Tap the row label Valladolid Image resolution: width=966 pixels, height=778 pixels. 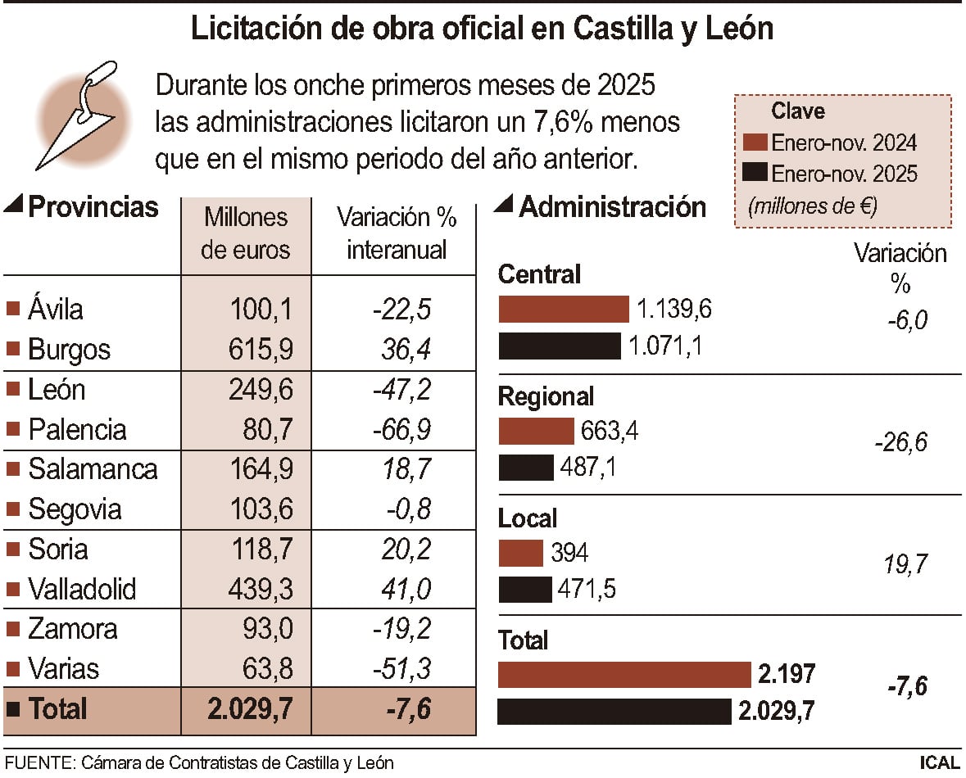[82, 589]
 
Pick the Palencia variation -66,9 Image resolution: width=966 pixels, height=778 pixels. [401, 429]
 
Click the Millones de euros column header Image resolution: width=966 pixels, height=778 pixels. [246, 233]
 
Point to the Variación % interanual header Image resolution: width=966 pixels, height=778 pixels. [397, 233]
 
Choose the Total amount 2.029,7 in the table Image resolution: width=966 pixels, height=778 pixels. [250, 708]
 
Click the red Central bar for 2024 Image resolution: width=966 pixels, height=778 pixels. [563, 310]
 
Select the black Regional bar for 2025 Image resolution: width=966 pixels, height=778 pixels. [526, 468]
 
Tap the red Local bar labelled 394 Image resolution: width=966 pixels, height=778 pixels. [520, 553]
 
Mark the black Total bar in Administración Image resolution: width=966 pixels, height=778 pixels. [615, 711]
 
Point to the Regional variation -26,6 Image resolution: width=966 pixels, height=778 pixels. [900, 443]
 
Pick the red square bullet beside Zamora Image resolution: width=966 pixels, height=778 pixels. [12, 629]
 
